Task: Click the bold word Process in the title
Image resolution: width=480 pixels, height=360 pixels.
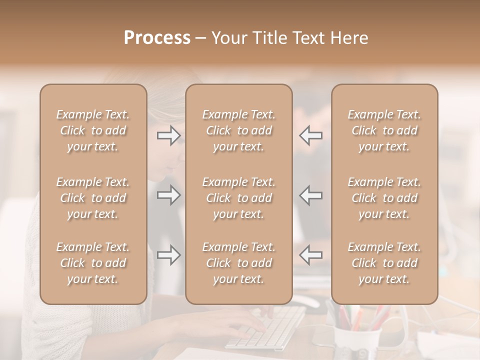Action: coord(157,38)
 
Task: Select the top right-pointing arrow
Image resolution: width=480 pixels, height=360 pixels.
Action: coord(168,135)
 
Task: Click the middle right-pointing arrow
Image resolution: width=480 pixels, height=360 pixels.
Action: coord(168,195)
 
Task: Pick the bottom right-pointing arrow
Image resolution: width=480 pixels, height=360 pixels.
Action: coord(168,255)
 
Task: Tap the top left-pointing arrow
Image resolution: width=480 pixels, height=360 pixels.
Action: coord(311,135)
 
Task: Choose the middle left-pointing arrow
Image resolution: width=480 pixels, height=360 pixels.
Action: coord(311,195)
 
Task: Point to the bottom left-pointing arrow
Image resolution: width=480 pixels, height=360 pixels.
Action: coord(311,255)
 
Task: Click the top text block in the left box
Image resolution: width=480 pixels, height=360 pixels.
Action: coord(93,130)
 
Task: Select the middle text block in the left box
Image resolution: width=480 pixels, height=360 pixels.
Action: coord(93,198)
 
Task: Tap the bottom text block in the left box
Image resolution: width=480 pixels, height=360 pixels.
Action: coord(93,263)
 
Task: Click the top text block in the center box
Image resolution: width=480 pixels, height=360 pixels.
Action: coord(238,130)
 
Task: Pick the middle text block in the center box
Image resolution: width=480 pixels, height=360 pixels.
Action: coord(238,198)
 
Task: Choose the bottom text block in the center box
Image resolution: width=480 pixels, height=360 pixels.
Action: coord(238,263)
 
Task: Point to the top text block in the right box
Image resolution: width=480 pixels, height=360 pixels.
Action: coord(384,130)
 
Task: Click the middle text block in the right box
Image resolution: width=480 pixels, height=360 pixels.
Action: coord(384,198)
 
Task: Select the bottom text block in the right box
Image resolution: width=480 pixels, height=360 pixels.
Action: coord(384,263)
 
